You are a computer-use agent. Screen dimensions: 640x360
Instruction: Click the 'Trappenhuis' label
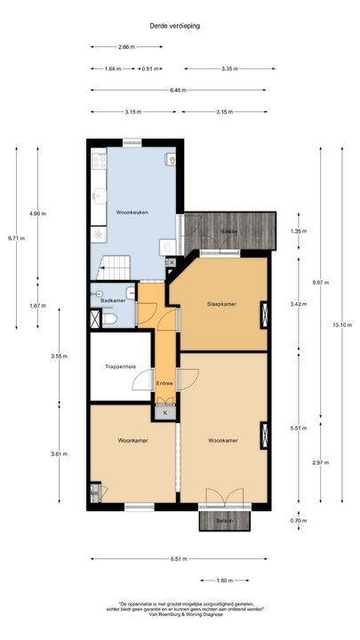(x=119, y=365)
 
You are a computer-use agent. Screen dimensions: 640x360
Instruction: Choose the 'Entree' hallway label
(x=164, y=383)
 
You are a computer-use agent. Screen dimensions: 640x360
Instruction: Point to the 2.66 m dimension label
(x=127, y=47)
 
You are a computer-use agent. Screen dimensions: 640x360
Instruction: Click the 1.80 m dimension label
(x=225, y=580)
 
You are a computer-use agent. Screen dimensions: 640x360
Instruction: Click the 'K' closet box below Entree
(x=165, y=412)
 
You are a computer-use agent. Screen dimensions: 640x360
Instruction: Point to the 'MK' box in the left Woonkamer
(x=94, y=493)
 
